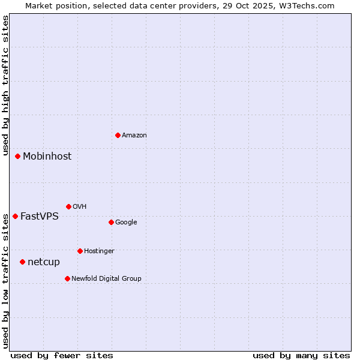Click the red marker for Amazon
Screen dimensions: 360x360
[x=118, y=135]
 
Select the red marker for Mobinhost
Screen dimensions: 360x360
[x=17, y=156]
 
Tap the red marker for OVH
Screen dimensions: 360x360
[x=68, y=206]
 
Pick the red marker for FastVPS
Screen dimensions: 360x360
[x=15, y=216]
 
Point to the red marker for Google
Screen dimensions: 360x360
[x=111, y=222]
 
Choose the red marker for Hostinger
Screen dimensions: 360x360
[x=80, y=251]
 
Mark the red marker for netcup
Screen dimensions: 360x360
[x=22, y=262]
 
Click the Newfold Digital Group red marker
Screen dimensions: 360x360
[x=67, y=278]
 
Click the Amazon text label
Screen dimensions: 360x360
[x=134, y=136]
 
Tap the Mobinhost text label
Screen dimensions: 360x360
[x=47, y=157]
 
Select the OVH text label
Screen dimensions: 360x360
[x=80, y=207]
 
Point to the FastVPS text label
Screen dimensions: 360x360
[x=40, y=217]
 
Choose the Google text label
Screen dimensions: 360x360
[x=126, y=223]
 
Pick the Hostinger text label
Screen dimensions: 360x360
[x=99, y=251]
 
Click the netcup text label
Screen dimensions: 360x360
[x=44, y=262]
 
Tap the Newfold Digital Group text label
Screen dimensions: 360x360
[x=106, y=279]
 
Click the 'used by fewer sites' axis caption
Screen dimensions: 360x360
[x=62, y=355]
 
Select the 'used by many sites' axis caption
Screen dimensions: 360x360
[x=301, y=355]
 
